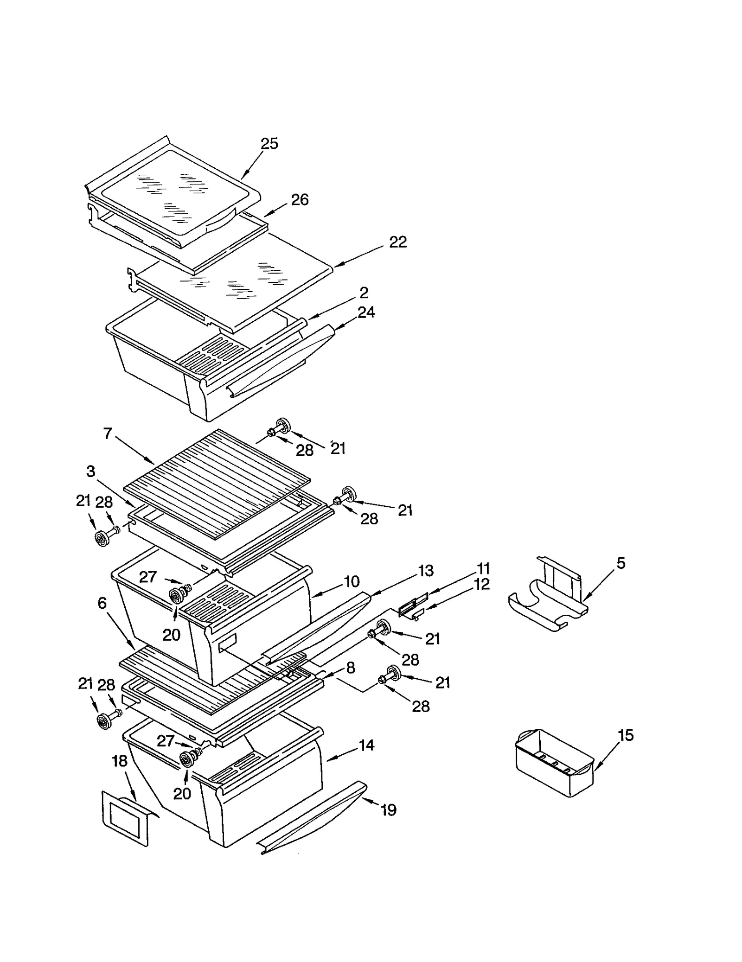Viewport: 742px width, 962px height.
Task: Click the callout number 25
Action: [x=269, y=144]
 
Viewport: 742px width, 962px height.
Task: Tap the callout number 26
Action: [x=300, y=200]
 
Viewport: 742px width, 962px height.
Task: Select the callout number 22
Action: [x=397, y=242]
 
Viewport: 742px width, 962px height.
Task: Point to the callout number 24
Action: [x=366, y=312]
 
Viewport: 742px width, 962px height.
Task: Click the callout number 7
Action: [x=108, y=434]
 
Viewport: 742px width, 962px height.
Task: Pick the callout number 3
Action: [x=90, y=471]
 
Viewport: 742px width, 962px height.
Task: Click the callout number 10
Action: [x=352, y=581]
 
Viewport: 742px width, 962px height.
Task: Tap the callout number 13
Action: [x=425, y=571]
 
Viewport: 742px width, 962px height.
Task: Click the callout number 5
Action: [x=620, y=563]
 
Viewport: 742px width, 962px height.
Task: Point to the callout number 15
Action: [x=626, y=735]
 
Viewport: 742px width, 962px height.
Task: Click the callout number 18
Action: [x=120, y=761]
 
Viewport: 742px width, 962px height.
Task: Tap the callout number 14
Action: [x=366, y=745]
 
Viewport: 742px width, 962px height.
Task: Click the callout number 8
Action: [x=350, y=668]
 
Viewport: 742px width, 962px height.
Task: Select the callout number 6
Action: [x=102, y=603]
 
